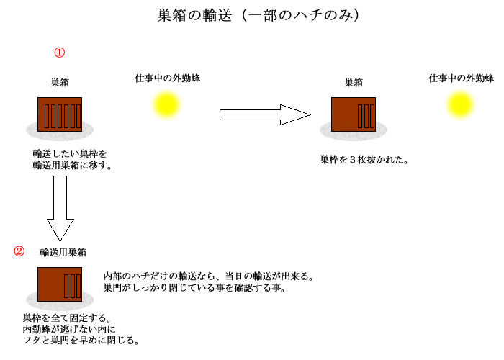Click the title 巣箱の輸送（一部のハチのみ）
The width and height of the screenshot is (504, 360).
pos(258,15)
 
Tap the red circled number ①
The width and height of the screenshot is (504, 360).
pos(60,53)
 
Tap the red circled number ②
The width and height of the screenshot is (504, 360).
pos(19,251)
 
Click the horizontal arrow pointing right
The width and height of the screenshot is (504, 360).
pos(265,114)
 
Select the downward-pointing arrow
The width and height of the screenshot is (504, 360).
pos(60,208)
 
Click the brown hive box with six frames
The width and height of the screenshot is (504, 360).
pos(60,114)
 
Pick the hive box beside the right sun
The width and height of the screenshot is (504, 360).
pos(354,114)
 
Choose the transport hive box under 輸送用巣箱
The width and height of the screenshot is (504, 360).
pos(60,284)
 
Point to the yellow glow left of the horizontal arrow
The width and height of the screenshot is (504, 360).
pos(166,105)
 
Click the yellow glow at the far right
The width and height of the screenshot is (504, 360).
pos(460,105)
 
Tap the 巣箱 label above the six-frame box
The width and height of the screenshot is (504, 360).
pos(60,83)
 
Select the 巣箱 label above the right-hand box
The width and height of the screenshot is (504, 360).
pos(354,83)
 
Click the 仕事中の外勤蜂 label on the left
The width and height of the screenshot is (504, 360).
pos(168,78)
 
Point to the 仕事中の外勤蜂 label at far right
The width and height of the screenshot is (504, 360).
pos(462,78)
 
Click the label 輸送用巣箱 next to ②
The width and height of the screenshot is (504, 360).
pos(63,252)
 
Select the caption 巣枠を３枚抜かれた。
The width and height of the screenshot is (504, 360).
pos(364,159)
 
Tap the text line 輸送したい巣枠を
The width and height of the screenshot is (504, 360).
pos(70,153)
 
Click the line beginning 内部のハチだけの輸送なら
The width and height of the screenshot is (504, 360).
pos(209,276)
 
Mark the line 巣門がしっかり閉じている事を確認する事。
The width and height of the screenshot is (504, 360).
pos(194,287)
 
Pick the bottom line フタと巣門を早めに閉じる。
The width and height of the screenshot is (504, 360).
pos(81,340)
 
